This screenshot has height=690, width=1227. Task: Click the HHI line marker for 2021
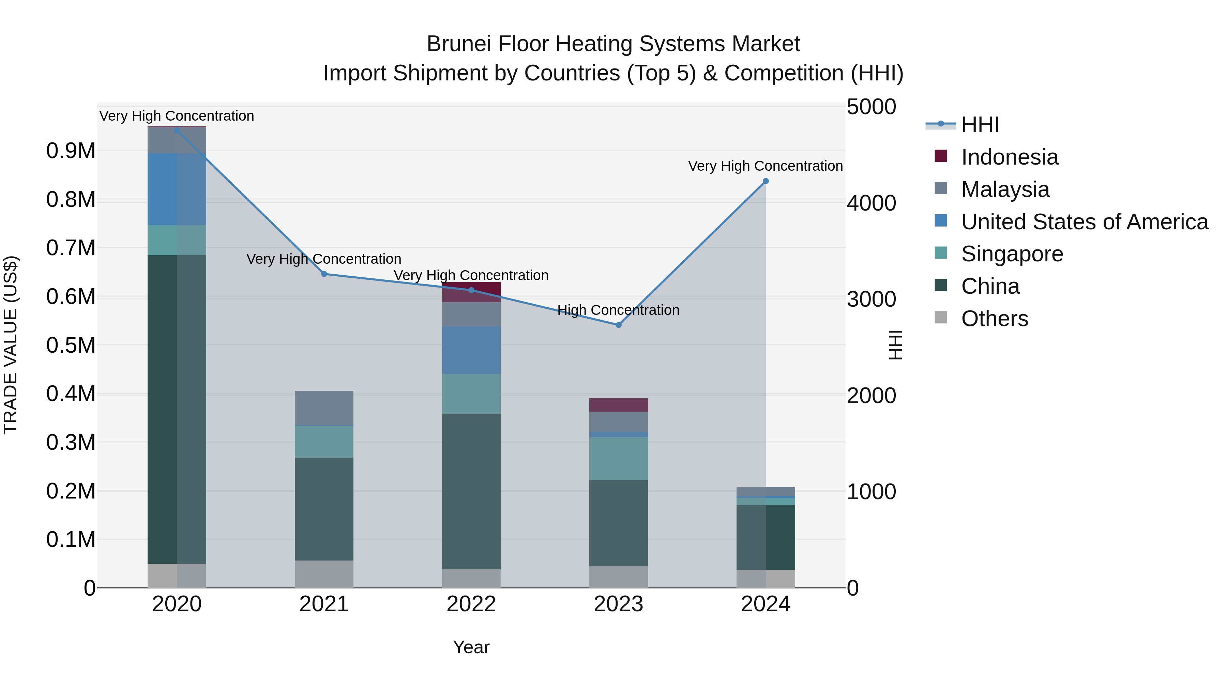324,274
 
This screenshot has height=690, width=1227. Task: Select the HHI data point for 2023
618,325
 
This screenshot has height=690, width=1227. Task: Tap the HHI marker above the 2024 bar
766,181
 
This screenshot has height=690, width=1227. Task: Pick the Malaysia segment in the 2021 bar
324,408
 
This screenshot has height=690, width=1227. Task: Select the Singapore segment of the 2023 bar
618,458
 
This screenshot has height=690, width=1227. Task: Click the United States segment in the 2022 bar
471,350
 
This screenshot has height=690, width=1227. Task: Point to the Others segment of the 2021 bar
324,574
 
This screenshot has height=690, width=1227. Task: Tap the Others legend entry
994,319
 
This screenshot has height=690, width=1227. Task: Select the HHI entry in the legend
980,125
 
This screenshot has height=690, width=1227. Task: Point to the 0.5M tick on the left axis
71,345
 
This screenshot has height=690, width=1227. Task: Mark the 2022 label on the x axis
471,604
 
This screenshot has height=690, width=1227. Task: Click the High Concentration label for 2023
618,310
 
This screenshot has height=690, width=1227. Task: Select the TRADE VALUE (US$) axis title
11,345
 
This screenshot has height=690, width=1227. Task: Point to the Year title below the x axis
471,647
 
